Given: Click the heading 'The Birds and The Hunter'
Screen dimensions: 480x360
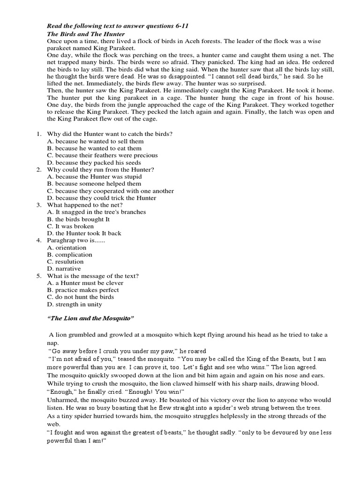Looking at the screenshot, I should [86, 34].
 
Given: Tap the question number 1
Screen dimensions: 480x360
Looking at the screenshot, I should [39, 134].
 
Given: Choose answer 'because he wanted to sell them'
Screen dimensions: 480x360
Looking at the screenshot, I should [96, 141].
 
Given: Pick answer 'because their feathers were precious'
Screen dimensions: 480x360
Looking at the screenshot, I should [103, 155].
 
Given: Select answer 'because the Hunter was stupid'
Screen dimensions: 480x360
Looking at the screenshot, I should [95, 177].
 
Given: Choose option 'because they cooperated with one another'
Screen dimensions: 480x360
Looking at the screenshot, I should [111, 191].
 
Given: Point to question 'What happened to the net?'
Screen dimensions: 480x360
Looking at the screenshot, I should [85, 205].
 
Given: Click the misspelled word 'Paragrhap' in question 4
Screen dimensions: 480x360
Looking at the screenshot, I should [61, 240].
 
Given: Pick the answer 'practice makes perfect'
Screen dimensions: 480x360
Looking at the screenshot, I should [84, 290].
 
